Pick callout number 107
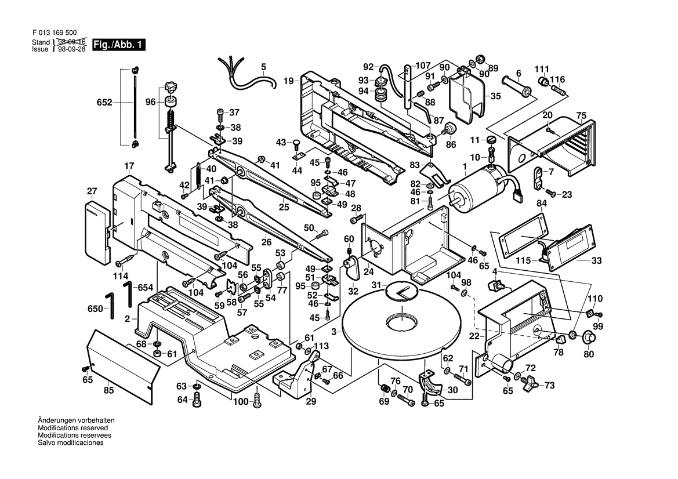[423, 65]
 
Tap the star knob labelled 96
[170, 89]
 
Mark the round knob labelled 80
[589, 338]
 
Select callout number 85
[108, 390]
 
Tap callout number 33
[597, 261]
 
